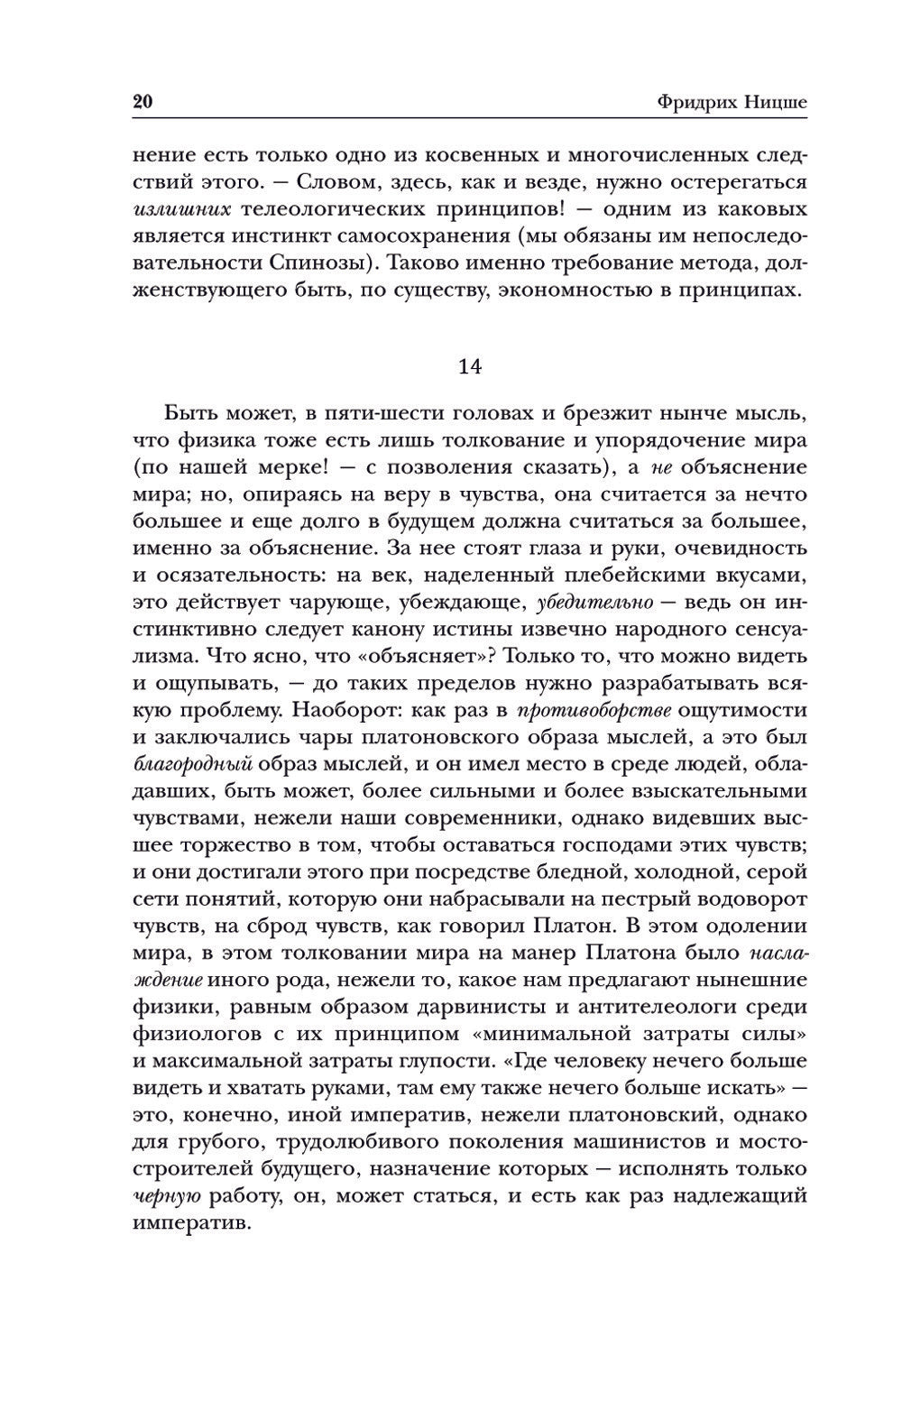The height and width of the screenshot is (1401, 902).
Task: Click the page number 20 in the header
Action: (x=143, y=101)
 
